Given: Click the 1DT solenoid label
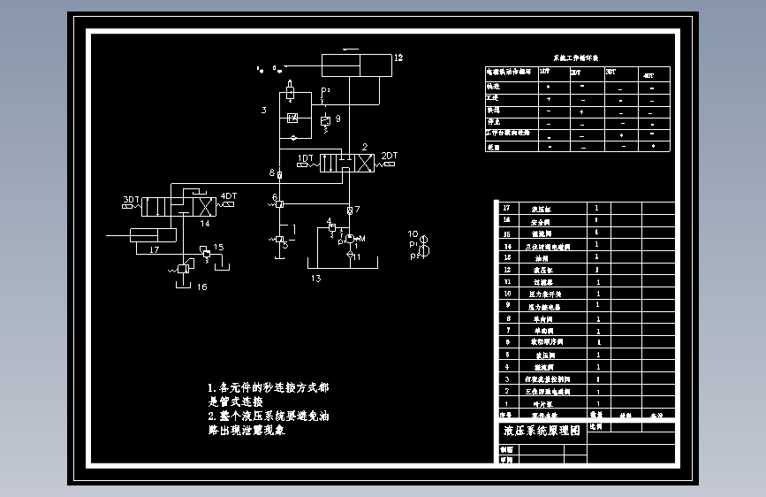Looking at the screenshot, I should (x=306, y=158).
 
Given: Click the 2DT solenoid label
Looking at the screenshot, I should (x=389, y=156).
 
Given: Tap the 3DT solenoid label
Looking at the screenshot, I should (x=131, y=199).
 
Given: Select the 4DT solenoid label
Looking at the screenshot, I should (x=228, y=196).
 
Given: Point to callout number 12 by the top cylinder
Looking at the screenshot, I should (x=398, y=57).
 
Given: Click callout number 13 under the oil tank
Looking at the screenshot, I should (x=315, y=279).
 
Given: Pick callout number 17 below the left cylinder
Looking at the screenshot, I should (x=154, y=250).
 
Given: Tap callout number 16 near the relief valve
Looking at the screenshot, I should (x=201, y=287).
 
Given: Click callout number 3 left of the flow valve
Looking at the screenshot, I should (x=263, y=111).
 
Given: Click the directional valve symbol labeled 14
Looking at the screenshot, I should (x=187, y=206).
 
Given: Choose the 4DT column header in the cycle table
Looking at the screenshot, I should (x=648, y=75).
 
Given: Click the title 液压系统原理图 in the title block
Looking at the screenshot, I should (x=542, y=432).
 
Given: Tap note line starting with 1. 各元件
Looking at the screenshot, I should (x=269, y=388).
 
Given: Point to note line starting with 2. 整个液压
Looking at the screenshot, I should (x=269, y=416).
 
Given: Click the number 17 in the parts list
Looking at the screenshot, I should (x=506, y=209).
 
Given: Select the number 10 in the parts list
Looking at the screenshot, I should (x=506, y=294).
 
